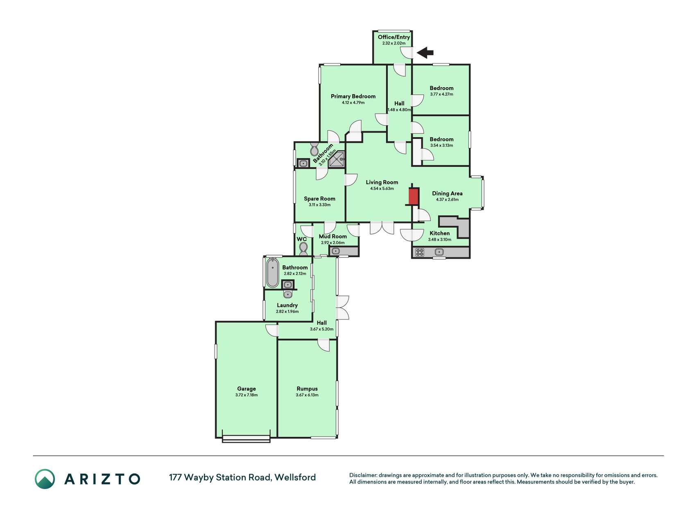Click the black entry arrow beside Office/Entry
[425, 52]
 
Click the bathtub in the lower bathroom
[273, 273]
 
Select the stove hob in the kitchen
[420, 252]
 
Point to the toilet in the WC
[303, 248]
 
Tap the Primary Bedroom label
[353, 96]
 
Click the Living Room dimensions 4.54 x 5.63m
[382, 189]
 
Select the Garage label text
[247, 389]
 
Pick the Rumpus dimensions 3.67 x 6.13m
[307, 395]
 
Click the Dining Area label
[447, 193]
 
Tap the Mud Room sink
[336, 251]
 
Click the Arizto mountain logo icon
[45, 479]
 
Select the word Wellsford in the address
[295, 477]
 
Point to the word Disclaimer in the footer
[363, 475]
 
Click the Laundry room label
[287, 305]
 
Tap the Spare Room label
[319, 199]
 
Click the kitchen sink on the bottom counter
[439, 252]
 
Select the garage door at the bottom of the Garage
[246, 440]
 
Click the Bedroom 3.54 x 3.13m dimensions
[441, 145]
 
